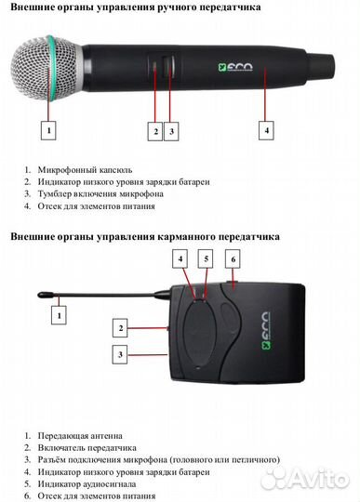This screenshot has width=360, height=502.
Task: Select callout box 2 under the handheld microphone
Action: click(155, 131)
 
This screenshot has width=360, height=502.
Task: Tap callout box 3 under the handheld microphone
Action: click(171, 131)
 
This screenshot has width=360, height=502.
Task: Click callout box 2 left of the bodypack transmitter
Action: click(120, 327)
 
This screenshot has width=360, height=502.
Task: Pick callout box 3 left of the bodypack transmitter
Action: click(120, 353)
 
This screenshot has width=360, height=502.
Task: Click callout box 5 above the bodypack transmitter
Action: click(208, 258)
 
